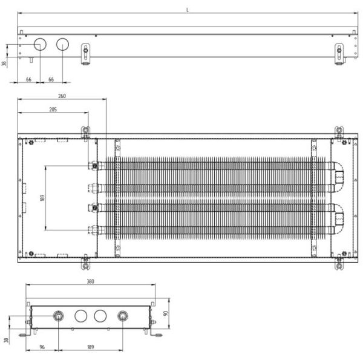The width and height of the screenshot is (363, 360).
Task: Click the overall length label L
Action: [x=188, y=10]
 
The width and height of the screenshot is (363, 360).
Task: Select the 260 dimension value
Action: [x=62, y=96]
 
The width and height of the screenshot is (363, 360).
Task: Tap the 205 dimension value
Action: [x=53, y=110]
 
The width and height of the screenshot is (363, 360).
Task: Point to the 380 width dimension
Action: [x=91, y=281]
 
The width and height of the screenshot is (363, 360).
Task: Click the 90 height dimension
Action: [x=166, y=313]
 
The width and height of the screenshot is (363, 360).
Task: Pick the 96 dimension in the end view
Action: [x=42, y=347]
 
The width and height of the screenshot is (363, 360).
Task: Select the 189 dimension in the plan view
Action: [x=42, y=198]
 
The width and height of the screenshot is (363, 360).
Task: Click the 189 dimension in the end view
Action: [x=91, y=347]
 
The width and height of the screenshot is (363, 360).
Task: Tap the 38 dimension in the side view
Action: [x=4, y=63]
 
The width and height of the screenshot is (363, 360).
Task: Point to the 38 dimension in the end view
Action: [x=6, y=340]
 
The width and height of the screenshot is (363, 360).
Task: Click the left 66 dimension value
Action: [x=28, y=79]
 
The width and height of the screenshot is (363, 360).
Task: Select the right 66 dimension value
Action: [x=51, y=79]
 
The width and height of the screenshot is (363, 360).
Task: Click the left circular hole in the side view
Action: [x=40, y=44]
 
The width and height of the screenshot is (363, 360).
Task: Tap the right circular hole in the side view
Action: [x=62, y=44]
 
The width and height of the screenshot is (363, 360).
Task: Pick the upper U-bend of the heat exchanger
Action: [x=338, y=177]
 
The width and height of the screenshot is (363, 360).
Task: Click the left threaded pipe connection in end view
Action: [x=58, y=316]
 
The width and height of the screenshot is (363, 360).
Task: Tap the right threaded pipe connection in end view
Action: [x=122, y=316]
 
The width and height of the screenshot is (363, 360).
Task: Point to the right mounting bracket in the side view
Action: [x=339, y=54]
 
